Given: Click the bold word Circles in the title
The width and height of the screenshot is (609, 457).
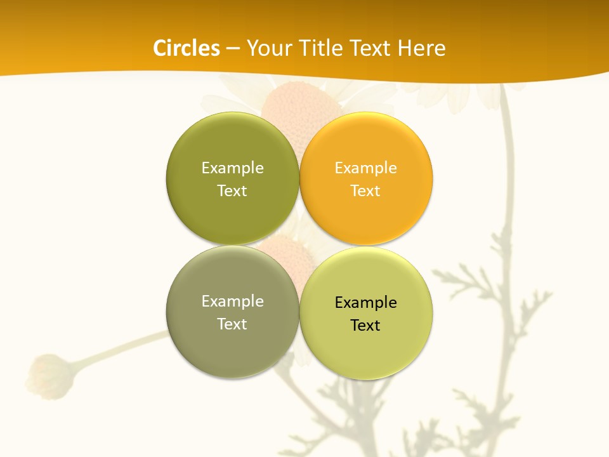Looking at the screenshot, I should (x=187, y=48).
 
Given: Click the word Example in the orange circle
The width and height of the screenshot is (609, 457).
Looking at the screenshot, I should (x=366, y=168).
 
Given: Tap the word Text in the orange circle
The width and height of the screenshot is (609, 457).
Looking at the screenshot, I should (x=366, y=191).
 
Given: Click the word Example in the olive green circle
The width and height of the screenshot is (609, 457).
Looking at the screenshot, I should (x=232, y=168).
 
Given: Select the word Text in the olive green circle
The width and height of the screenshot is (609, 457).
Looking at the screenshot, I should (x=232, y=191).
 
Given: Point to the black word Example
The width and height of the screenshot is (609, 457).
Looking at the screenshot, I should (x=366, y=303).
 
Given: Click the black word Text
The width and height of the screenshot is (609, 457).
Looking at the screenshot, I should (x=366, y=326).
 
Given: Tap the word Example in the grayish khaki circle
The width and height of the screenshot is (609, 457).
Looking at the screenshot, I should (x=232, y=301).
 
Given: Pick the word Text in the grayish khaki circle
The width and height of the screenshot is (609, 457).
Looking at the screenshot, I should (x=232, y=324).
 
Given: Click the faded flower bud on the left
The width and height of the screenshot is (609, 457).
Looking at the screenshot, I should (x=50, y=377).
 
